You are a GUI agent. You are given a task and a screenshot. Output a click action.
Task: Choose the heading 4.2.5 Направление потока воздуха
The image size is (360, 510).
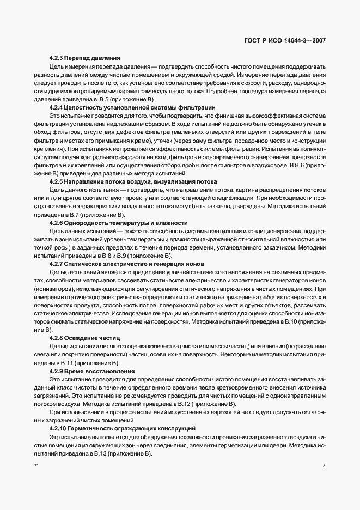click(133, 181)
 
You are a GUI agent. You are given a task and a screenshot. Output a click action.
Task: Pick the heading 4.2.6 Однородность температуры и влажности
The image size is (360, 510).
click(118, 223)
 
